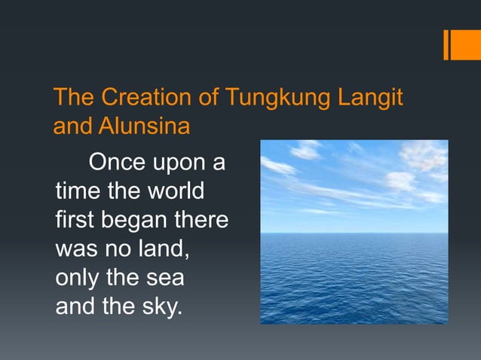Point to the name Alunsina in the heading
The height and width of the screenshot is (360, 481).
pos(144,125)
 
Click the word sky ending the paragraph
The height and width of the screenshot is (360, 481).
pos(160,307)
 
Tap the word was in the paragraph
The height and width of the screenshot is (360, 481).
pos(75,249)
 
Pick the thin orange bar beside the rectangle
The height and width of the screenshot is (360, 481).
pos(446,44)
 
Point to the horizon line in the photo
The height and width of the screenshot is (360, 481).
pos(354,233)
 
